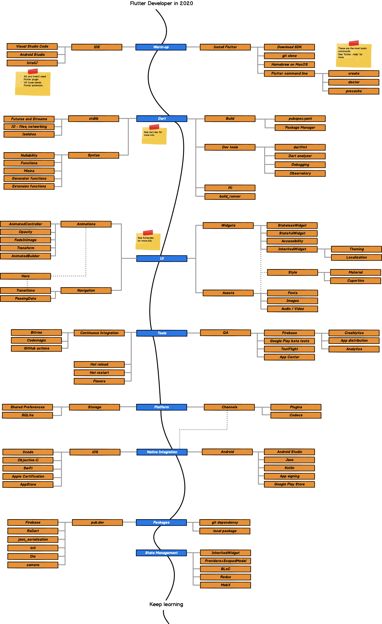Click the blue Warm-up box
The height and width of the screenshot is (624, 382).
pyautogui.click(x=161, y=47)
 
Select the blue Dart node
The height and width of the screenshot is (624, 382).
pyautogui.click(x=162, y=118)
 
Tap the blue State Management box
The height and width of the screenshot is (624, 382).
pyautogui.click(x=161, y=553)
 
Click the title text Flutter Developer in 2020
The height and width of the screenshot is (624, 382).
pyautogui.click(x=161, y=3)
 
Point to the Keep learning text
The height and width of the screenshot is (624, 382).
pyautogui.click(x=166, y=604)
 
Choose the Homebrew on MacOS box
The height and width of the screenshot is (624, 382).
pyautogui.click(x=289, y=65)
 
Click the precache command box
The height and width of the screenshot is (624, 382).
pyautogui.click(x=354, y=91)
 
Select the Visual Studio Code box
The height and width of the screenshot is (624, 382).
pyautogui.click(x=32, y=46)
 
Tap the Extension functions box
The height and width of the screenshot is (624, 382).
pyautogui.click(x=29, y=186)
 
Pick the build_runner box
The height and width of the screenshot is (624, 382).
pyautogui.click(x=230, y=196)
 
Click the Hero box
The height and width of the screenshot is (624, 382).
pyautogui.click(x=25, y=276)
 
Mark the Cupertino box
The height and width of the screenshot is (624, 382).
pyautogui.click(x=355, y=280)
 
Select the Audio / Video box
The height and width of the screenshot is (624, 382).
pyautogui.click(x=292, y=309)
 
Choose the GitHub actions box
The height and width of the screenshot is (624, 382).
pyautogui.click(x=36, y=348)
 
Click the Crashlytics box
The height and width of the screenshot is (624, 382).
pyautogui.click(x=354, y=333)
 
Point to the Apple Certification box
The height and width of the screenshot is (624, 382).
pyautogui.click(x=28, y=476)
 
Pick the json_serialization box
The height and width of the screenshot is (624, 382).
pyautogui.click(x=33, y=540)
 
